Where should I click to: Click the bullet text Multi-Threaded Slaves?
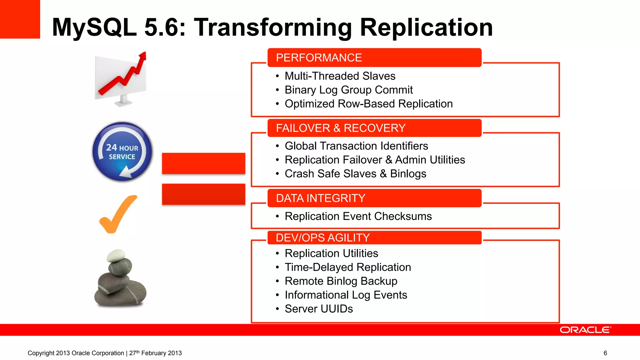340,76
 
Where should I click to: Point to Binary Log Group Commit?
348,90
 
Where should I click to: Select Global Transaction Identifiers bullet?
356,146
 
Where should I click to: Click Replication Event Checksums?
358,216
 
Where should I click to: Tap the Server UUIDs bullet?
318,309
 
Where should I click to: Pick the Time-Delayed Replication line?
347,267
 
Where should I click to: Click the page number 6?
605,353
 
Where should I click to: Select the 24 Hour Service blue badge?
122,152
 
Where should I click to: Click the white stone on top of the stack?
116,255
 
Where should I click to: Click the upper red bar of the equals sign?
203,163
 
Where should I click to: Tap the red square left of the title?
20,19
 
